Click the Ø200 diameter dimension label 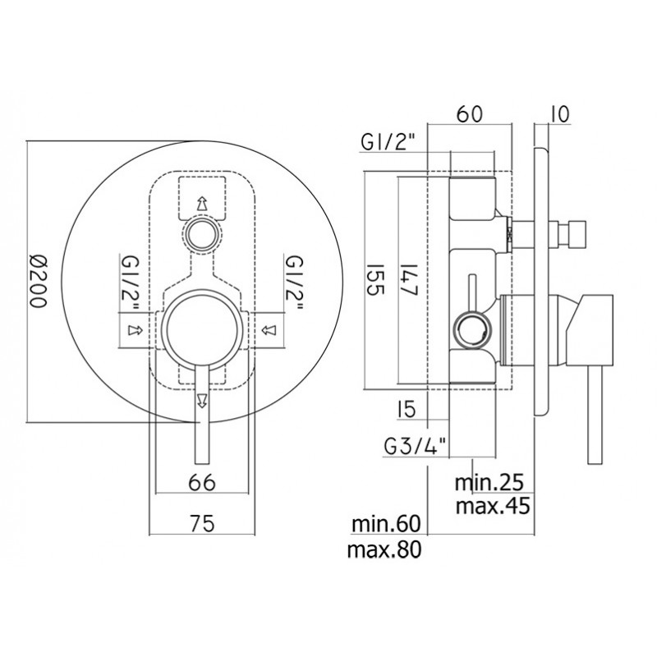pos(39,281)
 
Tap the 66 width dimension pos(202,482)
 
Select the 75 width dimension pos(202,523)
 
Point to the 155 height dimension pos(375,279)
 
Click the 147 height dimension pos(407,279)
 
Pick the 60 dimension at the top pos(469,113)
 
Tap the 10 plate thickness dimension pos(561,114)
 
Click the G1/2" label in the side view pos(388,142)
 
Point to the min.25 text pos(489,482)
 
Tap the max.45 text pos(493,506)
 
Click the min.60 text pos(386,524)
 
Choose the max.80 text pos(384,549)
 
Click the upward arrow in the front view pos(202,203)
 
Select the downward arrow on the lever pos(202,400)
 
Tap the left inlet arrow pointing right pos(135,330)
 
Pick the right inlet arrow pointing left pos(269,331)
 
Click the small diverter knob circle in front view pos(202,236)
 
